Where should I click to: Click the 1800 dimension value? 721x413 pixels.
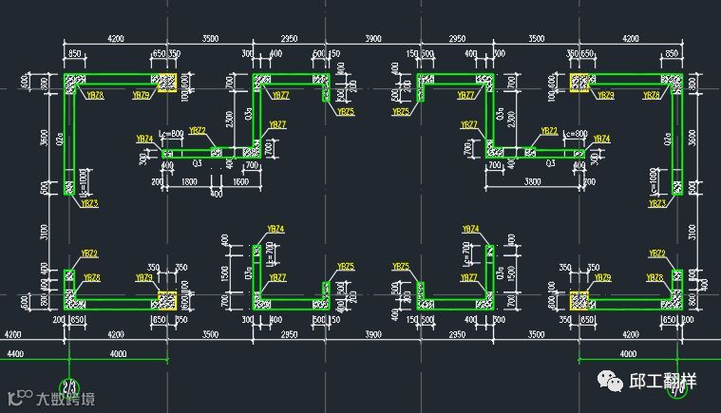coord(189,180)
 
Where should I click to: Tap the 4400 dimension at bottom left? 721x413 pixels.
coord(15,354)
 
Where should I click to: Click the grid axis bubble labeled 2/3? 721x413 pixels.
coord(69,386)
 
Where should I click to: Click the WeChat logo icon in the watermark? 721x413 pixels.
coord(609,382)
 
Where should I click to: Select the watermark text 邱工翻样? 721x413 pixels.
coord(663,382)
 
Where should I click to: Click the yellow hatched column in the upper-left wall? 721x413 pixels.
coord(167,84)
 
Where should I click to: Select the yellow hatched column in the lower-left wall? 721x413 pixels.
coord(167,301)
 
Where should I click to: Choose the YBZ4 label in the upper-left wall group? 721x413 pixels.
coord(144,139)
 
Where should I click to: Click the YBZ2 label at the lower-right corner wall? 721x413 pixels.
coord(656,253)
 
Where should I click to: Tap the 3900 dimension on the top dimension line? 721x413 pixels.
coord(373,39)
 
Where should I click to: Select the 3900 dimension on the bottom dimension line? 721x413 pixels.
coord(373,335)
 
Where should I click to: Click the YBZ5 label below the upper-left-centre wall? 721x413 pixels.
coord(346,112)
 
